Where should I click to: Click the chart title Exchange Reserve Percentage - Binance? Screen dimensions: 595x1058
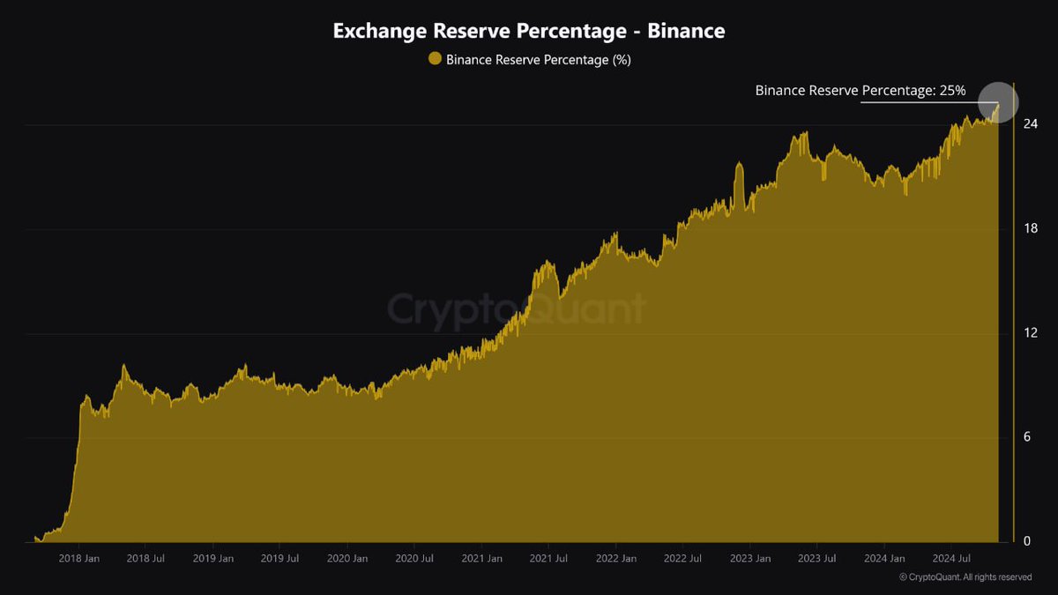coord(529,31)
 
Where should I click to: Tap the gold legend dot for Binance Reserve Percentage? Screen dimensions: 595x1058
coord(434,59)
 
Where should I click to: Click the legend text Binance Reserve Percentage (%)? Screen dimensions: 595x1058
coord(538,60)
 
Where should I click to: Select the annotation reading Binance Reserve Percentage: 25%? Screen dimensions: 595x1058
coord(860,90)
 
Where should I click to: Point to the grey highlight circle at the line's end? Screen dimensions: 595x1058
coord(998,103)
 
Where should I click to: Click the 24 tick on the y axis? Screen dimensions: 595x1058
coord(1029,124)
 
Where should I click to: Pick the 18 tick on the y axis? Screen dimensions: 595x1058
coord(1029,228)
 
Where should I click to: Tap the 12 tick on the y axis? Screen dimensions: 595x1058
coord(1029,332)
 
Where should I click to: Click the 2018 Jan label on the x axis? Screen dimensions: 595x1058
coord(79,559)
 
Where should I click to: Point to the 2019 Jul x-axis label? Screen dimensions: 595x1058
coord(280,559)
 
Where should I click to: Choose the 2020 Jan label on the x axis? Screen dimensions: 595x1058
coord(347,559)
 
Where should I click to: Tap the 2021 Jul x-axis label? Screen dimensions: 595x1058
coord(548,559)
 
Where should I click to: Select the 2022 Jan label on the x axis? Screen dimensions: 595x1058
coord(615,559)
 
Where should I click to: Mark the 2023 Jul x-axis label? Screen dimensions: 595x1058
coord(816,559)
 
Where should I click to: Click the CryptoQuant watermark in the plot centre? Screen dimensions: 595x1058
coord(517,309)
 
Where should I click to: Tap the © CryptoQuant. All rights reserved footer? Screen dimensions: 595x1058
coord(965,577)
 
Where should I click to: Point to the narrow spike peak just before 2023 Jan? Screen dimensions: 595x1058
coord(739,165)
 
